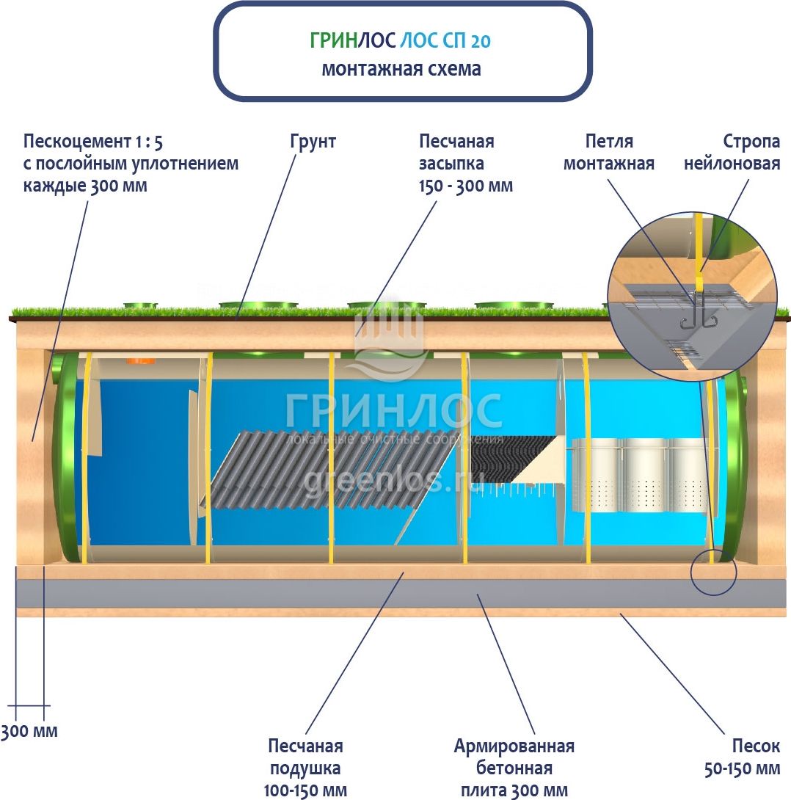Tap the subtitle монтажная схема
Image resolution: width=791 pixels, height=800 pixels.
[401, 69]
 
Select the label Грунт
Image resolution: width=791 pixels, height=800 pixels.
[313, 141]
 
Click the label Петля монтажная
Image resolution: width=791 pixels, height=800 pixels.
[608, 152]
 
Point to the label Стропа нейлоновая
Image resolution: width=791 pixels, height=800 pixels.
[732, 152]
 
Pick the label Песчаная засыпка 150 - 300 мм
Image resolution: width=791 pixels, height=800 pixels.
[465, 163]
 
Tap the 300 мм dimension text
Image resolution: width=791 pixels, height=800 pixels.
[29, 731]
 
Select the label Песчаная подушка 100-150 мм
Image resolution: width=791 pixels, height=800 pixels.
[305, 768]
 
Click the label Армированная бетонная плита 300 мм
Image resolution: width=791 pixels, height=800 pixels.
[514, 768]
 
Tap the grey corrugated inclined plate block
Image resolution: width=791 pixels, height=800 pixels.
[330, 469]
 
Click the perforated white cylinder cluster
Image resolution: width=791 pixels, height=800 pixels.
[638, 473]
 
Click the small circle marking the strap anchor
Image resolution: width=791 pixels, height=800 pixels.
[713, 570]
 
